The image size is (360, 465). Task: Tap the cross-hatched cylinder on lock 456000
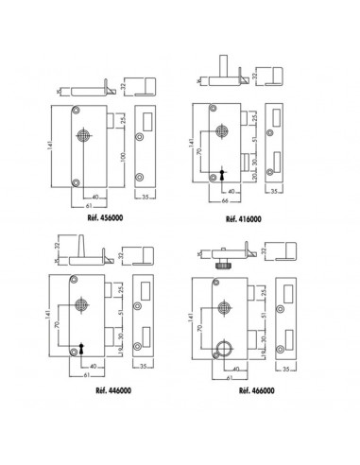pos(83,135)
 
